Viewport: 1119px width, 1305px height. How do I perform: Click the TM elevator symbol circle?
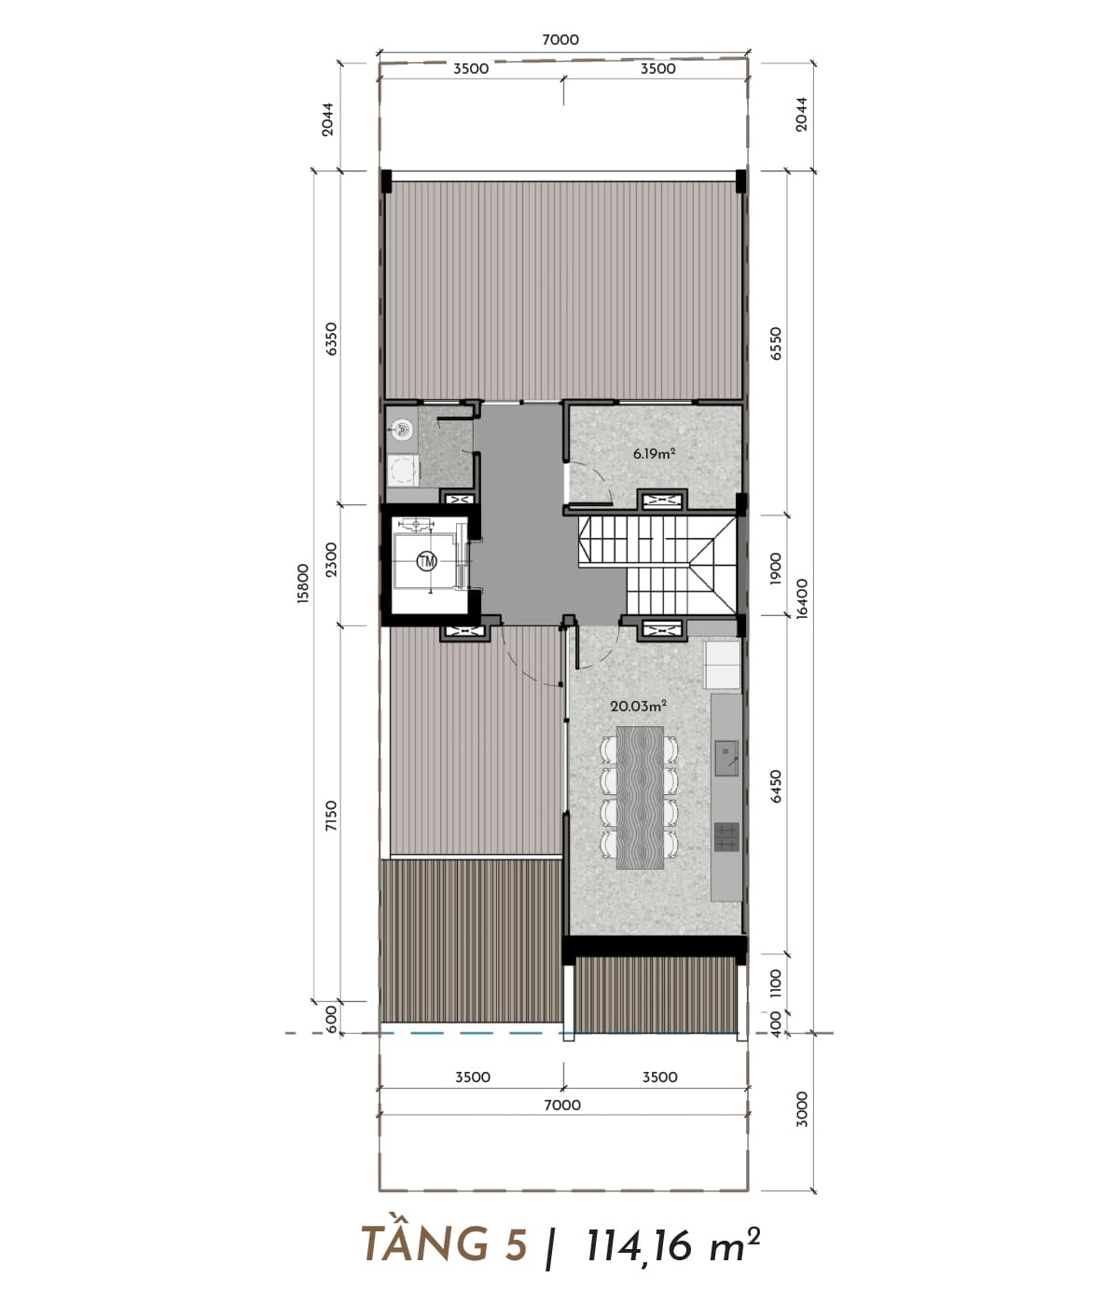pos(427,560)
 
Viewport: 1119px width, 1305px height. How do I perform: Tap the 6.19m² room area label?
pos(655,453)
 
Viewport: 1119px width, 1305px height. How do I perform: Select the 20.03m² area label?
pos(639,706)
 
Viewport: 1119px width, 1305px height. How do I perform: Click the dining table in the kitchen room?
pos(640,797)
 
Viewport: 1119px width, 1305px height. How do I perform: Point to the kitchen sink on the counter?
pos(726,758)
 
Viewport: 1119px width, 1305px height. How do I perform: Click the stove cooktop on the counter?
pos(726,837)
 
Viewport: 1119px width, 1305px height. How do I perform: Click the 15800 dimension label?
pos(303,584)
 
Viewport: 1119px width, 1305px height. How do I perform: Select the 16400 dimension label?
pos(802,598)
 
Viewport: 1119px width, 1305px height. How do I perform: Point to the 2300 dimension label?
pos(331,559)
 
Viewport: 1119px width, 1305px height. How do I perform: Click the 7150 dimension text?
pos(331,815)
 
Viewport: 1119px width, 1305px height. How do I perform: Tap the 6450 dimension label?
pos(776,786)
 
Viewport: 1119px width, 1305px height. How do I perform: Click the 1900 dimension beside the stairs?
pos(776,569)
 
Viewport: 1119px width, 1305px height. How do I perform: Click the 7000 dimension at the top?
pos(560,40)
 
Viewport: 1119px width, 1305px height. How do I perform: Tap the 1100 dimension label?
pos(776,983)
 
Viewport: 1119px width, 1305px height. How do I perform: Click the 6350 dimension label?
pos(331,339)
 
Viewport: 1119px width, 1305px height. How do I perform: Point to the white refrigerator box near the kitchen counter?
pos(722,665)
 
